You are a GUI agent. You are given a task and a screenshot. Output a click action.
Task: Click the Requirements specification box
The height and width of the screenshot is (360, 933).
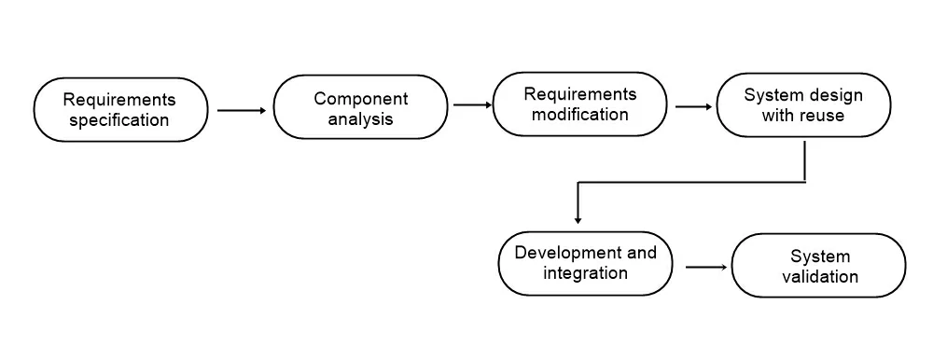click(x=120, y=109)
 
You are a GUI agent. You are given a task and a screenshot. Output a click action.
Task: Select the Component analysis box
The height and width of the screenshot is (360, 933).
click(x=360, y=107)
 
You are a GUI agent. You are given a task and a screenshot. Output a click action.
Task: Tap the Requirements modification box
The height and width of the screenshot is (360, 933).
click(x=580, y=104)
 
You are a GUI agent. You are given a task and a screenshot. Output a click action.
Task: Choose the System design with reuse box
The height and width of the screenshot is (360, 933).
click(x=803, y=104)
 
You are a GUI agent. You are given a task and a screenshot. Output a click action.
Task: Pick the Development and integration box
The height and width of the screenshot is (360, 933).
click(x=586, y=263)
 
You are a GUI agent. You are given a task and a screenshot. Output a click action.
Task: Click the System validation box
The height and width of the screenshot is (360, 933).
click(x=819, y=266)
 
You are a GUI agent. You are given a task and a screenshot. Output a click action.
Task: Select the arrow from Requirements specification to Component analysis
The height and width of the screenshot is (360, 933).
click(x=242, y=110)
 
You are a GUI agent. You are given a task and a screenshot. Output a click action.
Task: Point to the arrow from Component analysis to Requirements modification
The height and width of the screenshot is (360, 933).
click(x=472, y=105)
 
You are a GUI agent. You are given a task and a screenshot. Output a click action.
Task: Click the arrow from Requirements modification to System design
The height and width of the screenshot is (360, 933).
click(x=693, y=106)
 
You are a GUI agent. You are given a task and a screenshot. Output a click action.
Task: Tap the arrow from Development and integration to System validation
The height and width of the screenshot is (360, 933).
click(x=706, y=267)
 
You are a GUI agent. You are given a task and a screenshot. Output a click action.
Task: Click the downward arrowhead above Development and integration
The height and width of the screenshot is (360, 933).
click(x=578, y=220)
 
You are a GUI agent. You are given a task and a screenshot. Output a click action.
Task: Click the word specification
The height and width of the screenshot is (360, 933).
click(x=119, y=120)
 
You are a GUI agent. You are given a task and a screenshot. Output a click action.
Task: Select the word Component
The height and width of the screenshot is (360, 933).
click(x=361, y=98)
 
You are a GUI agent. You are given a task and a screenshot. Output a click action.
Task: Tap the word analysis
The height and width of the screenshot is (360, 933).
click(x=360, y=118)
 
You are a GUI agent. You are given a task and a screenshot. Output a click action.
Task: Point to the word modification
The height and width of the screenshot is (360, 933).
click(x=580, y=114)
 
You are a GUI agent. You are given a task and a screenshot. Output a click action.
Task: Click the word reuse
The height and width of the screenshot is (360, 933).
click(x=823, y=116)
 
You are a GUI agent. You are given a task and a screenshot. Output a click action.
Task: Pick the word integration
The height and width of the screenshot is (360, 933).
click(x=586, y=273)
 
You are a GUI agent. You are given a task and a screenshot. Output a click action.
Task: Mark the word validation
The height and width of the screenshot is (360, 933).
click(x=820, y=277)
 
